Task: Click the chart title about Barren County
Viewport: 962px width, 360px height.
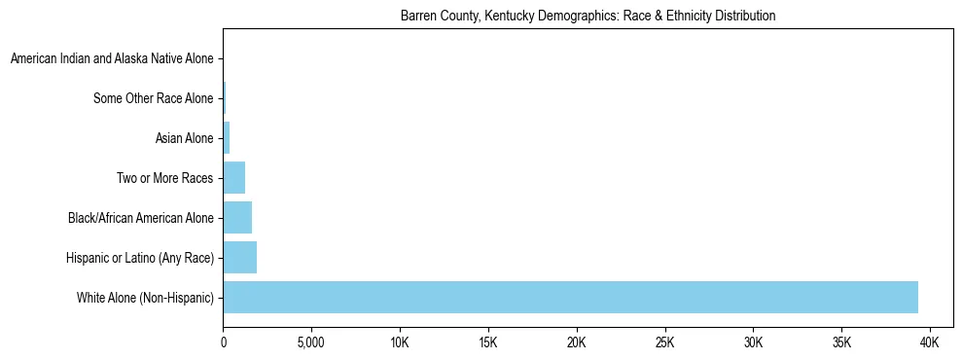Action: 588,17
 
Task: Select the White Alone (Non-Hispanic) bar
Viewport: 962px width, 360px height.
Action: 570,297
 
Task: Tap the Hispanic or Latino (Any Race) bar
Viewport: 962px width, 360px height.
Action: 239,258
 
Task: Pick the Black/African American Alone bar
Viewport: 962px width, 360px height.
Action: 237,218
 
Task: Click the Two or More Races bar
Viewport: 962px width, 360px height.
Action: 233,178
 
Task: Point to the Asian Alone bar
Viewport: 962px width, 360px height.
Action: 227,138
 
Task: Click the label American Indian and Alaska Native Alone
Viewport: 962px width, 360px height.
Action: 112,59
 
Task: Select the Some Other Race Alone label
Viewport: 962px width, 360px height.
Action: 153,98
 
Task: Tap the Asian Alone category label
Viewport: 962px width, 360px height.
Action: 184,138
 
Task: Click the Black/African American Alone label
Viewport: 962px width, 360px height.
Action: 140,218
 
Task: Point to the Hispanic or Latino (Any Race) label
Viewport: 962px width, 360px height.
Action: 139,258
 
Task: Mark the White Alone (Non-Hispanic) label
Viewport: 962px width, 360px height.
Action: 145,297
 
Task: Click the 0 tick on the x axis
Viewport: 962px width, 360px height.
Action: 224,343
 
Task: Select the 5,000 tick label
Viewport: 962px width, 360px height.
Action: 311,343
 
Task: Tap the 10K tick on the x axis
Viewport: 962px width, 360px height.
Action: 400,343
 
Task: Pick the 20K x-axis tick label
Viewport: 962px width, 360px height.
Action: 577,343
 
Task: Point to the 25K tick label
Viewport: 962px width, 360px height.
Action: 665,343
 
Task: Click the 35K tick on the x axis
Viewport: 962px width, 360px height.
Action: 841,343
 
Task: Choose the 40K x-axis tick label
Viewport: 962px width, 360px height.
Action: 930,343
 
